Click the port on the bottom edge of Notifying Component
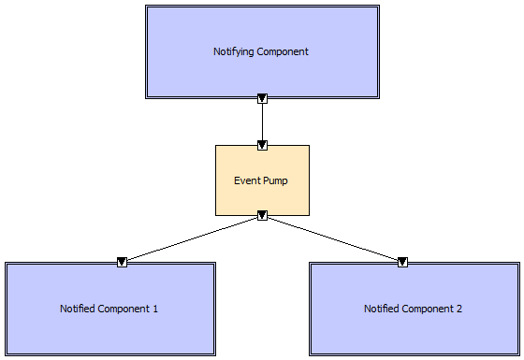pos(262,97)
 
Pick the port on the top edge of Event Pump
pos(262,145)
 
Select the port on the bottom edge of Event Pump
pos(262,215)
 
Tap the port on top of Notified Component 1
pos(122,262)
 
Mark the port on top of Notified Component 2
pos(403,262)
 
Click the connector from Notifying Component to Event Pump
pos(262,122)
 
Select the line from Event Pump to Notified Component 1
pos(192,238)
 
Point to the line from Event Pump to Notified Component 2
pos(332,238)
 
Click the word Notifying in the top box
pos(233,51)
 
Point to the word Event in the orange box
pos(246,180)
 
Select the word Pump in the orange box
pos(276,180)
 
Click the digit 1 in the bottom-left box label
pos(155,308)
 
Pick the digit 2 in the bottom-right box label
pos(459,308)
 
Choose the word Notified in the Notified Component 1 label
pos(79,308)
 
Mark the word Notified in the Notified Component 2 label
pos(383,308)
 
